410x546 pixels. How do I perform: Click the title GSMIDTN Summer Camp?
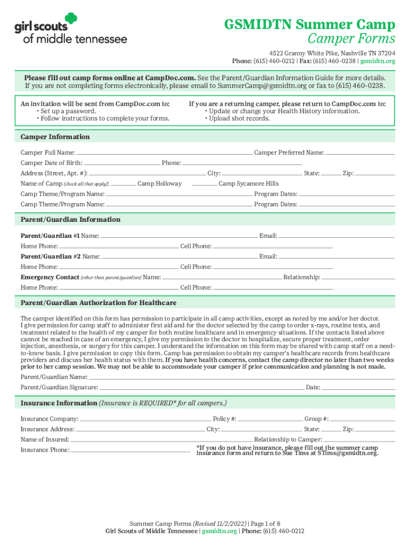309,25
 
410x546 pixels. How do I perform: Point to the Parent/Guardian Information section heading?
70,219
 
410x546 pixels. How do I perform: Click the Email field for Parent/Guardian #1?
337,235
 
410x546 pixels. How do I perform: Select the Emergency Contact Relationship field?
358,277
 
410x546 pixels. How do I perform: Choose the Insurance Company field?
145,419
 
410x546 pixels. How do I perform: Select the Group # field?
363,419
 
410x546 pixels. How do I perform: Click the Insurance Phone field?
130,450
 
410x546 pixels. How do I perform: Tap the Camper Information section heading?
55,136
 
